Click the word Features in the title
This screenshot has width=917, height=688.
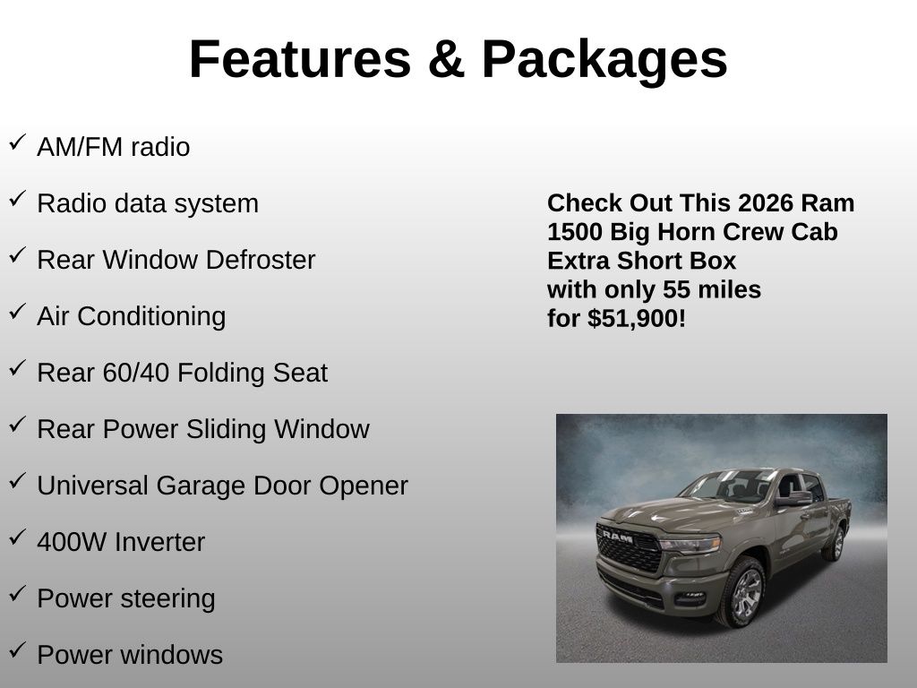(x=300, y=59)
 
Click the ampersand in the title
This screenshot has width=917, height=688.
(x=446, y=59)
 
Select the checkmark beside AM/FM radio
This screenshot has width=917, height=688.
(x=18, y=142)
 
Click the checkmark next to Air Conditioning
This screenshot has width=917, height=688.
(x=18, y=311)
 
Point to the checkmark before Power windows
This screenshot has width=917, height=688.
(x=18, y=649)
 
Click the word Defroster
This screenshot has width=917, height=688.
(x=261, y=260)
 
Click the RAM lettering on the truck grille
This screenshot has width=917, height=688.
(x=618, y=536)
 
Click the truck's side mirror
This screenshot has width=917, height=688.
(x=793, y=499)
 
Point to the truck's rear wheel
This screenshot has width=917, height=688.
(x=835, y=544)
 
